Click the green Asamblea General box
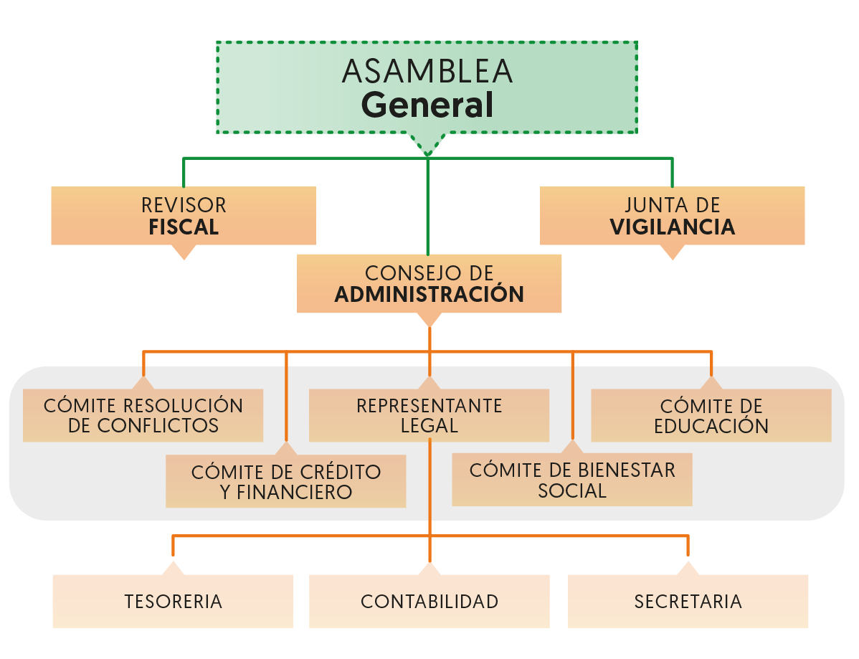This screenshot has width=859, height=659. tap(427, 86)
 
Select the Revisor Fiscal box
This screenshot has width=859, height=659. tap(184, 215)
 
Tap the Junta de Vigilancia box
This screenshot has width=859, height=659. tap(672, 215)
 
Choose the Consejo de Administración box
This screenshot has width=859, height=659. tap(429, 283)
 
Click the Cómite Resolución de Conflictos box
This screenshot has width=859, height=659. tap(143, 415)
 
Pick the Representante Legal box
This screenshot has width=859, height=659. tap(429, 415)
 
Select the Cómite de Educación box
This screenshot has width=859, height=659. tap(711, 415)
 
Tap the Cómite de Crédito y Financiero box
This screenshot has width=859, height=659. tap(285, 481)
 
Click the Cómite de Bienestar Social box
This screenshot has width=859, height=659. tap(571, 480)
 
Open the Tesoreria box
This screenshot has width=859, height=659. tap(173, 601)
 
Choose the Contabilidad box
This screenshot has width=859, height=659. tap(429, 601)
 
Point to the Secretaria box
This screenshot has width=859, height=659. tap(688, 601)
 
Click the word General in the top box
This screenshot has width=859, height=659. tap(427, 105)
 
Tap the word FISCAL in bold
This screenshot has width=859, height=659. tap(184, 228)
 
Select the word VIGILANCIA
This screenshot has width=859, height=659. tap(672, 227)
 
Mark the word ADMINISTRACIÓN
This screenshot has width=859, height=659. tap(429, 295)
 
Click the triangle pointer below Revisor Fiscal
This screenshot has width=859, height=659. tap(184, 252)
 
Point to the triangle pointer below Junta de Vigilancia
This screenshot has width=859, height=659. tap(672, 252)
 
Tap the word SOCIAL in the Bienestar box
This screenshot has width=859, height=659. tap(571, 491)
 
